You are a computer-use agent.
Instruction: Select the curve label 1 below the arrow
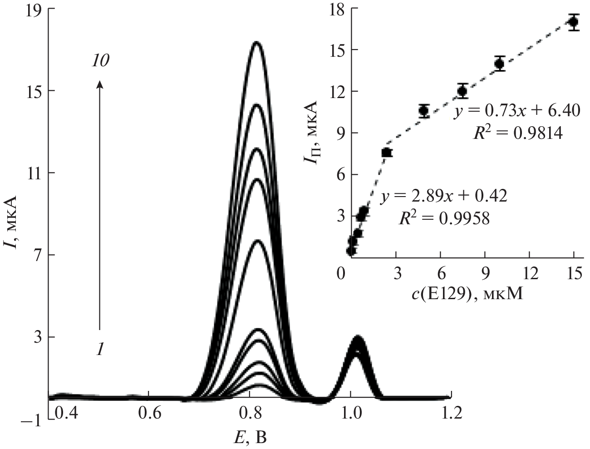(x=100, y=349)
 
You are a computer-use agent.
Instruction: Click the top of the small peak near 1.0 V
(x=358, y=337)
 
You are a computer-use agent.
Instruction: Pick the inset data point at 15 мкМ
(x=574, y=22)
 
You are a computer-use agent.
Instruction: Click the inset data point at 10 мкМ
(x=500, y=64)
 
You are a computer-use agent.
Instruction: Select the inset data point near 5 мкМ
(x=424, y=110)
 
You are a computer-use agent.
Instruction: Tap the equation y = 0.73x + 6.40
(x=517, y=111)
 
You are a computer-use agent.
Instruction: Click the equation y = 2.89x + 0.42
(x=444, y=196)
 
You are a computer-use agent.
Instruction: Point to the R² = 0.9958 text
(x=444, y=219)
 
